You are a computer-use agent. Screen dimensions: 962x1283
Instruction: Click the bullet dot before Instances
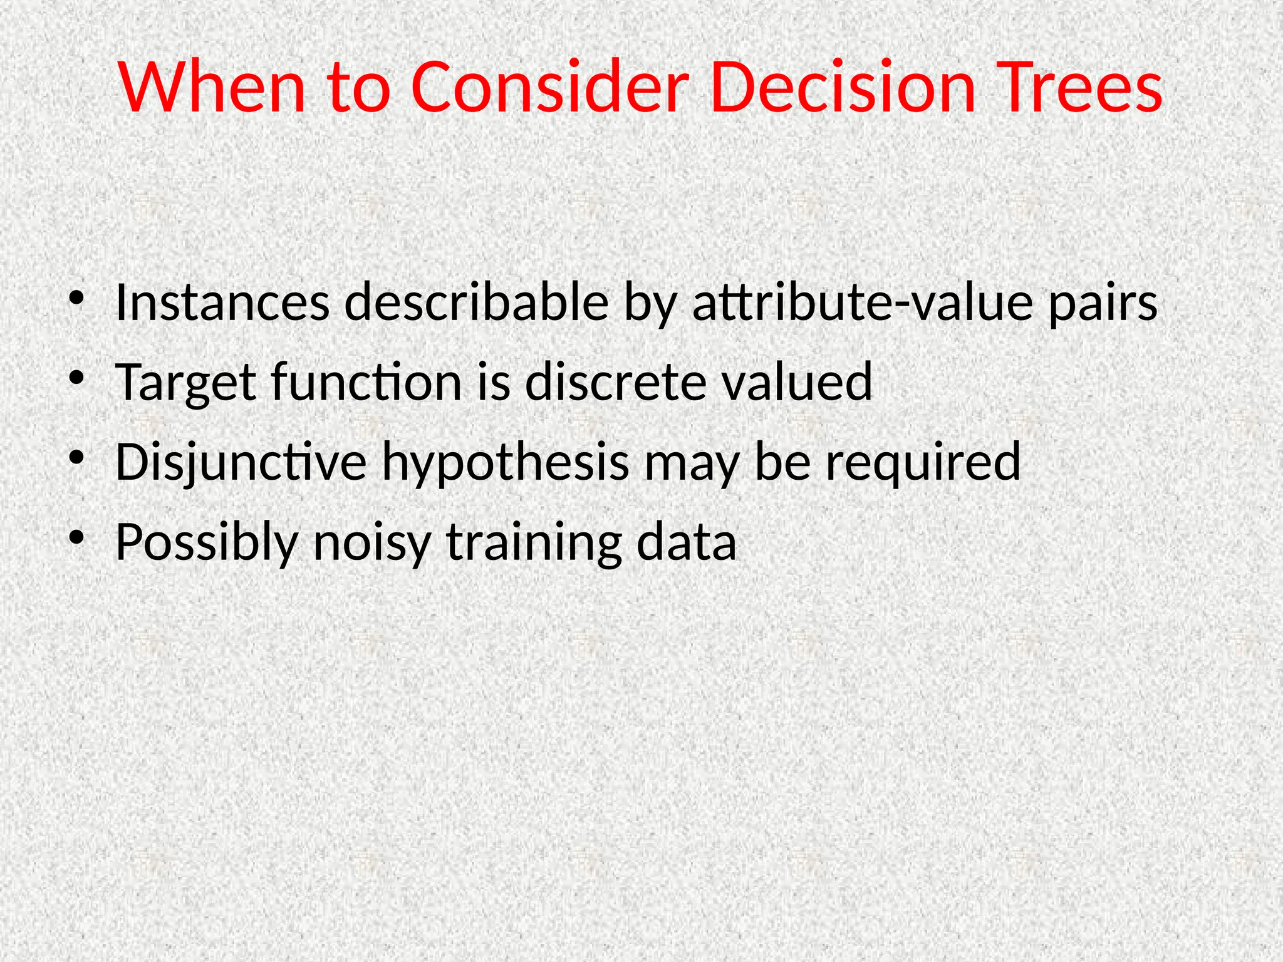pos(76,299)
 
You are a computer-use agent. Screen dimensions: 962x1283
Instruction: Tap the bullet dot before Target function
pos(76,378)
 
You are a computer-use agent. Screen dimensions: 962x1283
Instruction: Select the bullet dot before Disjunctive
pos(76,458)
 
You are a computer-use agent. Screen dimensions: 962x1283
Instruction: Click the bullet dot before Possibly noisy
pos(76,538)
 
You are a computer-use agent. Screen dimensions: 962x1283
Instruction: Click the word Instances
pos(222,303)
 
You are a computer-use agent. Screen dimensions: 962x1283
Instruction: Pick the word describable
pos(476,303)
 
